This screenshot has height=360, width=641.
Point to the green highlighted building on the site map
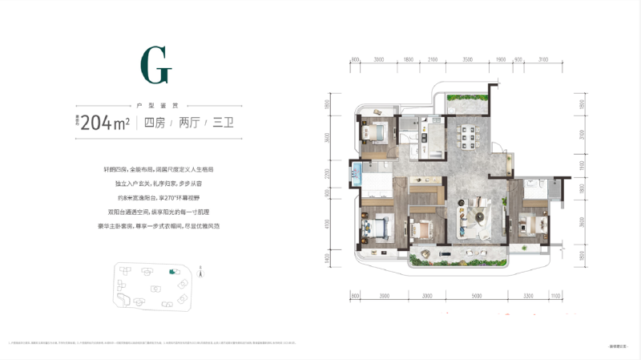click(x=171, y=272)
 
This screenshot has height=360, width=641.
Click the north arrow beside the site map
click(x=200, y=273)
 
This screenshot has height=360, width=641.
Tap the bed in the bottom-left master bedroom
click(x=376, y=228)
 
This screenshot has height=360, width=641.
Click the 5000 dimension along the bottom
click(x=478, y=296)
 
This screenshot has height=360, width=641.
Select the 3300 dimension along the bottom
click(x=528, y=296)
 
